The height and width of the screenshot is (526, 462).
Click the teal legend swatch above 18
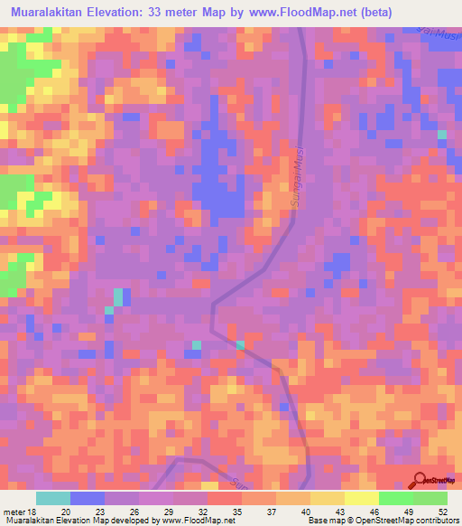(x=53, y=498)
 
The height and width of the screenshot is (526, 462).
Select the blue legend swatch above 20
(x=88, y=498)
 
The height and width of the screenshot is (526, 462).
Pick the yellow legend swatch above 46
(x=361, y=498)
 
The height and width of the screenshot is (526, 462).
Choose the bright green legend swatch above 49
(x=395, y=498)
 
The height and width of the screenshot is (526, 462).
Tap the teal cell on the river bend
(x=240, y=344)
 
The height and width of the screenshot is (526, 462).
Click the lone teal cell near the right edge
(x=442, y=135)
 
